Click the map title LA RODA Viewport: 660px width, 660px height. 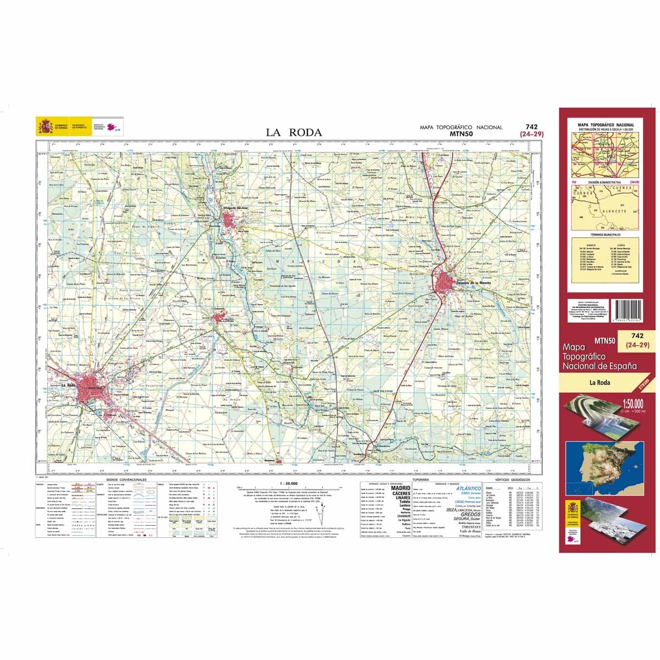point(294,132)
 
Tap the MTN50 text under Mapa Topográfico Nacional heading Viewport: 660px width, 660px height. point(461,133)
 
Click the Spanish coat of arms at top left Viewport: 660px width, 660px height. point(42,126)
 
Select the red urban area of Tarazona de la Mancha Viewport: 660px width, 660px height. point(448,284)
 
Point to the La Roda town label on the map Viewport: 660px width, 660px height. point(68,385)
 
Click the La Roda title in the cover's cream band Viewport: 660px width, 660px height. point(601,383)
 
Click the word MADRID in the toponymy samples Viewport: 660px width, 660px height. point(400,488)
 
